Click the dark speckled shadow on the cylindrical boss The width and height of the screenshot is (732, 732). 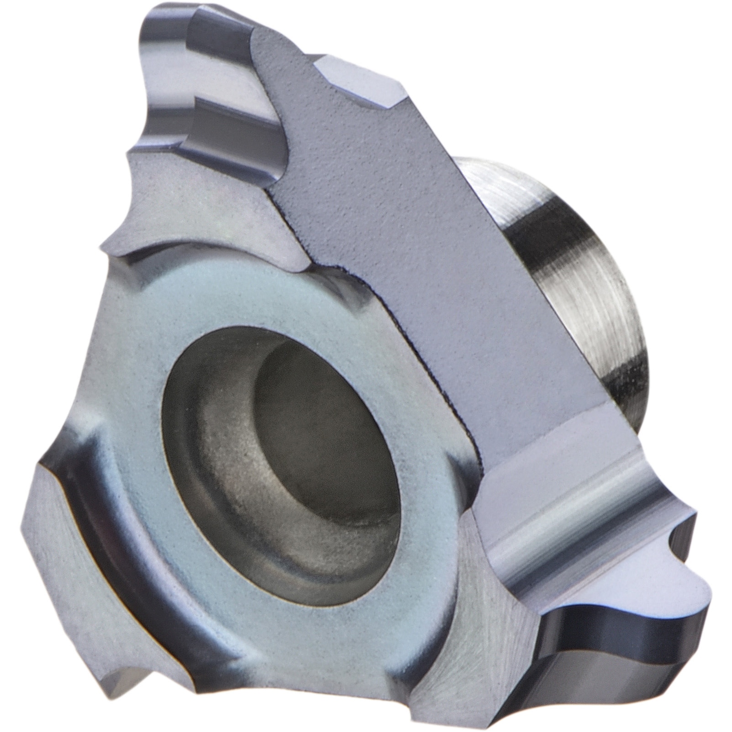[x=626, y=374]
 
